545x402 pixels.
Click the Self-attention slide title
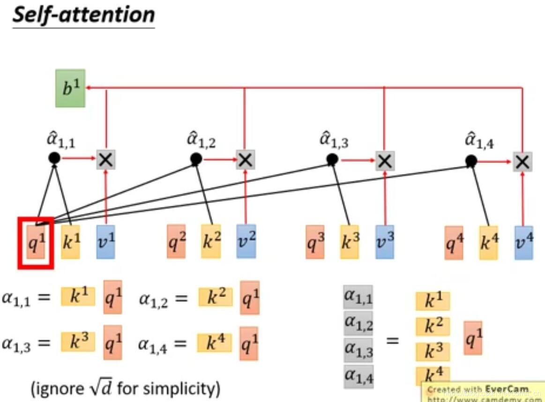tap(83, 15)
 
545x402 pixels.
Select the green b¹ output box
tap(70, 88)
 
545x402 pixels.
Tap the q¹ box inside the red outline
tap(36, 242)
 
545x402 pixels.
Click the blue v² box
tap(246, 241)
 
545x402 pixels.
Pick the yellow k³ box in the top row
tap(350, 242)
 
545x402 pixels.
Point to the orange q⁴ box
tap(454, 242)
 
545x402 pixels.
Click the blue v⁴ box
tap(523, 243)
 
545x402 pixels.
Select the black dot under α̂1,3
tap(332, 160)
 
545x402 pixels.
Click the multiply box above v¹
tap(106, 160)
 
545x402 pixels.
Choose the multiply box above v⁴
tap(522, 162)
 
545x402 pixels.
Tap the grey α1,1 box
tap(358, 297)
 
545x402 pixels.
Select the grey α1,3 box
tap(358, 349)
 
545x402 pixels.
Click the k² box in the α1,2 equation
tap(215, 297)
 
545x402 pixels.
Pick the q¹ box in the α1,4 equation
tap(249, 344)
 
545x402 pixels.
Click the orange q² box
tap(177, 241)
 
